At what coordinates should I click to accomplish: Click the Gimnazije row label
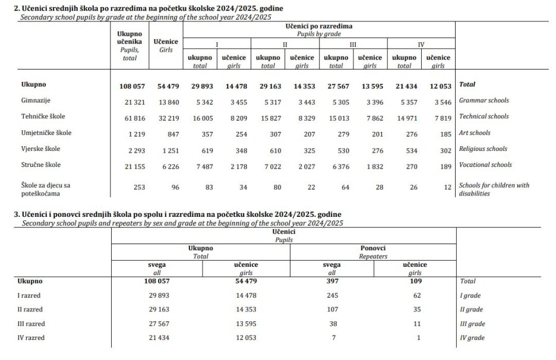(35, 101)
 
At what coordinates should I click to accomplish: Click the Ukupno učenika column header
(129, 38)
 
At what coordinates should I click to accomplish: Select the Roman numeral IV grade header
(421, 45)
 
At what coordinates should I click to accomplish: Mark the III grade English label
(472, 324)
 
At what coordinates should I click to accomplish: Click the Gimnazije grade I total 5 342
(201, 102)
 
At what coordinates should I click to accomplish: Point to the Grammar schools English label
(484, 100)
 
